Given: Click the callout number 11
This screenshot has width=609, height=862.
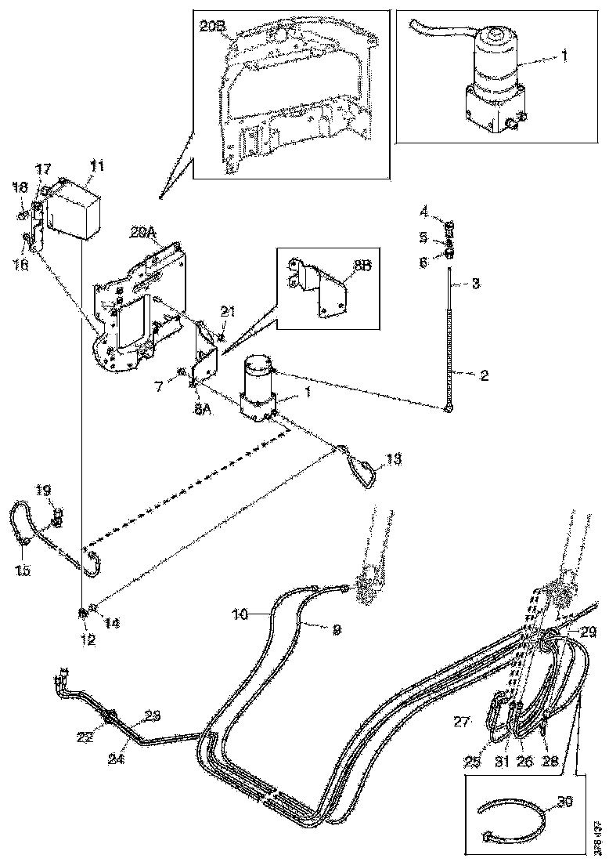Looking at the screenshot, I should click(x=96, y=165).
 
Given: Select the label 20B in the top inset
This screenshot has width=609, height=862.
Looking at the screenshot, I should click(x=212, y=25).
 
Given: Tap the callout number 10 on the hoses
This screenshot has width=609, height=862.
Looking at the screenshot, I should click(x=240, y=616).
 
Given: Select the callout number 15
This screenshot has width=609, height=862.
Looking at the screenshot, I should click(x=23, y=570).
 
